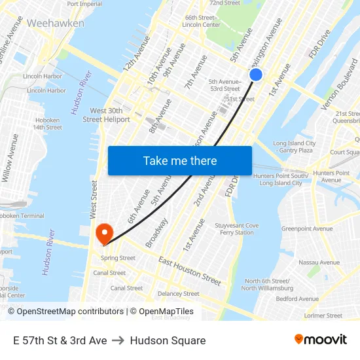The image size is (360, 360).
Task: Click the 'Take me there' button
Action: [x=180, y=160]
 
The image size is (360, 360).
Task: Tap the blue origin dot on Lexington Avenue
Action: [x=256, y=75]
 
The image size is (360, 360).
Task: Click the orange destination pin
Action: [x=104, y=234]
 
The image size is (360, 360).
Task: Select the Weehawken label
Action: [x=56, y=23]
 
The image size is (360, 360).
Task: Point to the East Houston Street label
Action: [x=190, y=271]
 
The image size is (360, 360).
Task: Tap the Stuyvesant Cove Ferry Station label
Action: [x=237, y=229]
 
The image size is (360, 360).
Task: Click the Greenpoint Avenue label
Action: [x=306, y=229]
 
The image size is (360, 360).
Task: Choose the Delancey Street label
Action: [x=178, y=294]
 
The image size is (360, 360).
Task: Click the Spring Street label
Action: [x=118, y=258]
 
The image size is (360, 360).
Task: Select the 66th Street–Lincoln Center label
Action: [x=201, y=21]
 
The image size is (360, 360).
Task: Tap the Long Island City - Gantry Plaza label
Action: [x=294, y=147]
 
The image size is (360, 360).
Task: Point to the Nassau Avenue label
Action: [x=319, y=262]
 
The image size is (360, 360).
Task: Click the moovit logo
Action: [x=320, y=340]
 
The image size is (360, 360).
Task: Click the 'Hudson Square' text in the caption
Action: [x=168, y=340]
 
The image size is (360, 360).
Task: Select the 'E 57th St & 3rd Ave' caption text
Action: [x=60, y=340]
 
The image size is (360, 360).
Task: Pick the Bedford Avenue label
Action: [x=297, y=299]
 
